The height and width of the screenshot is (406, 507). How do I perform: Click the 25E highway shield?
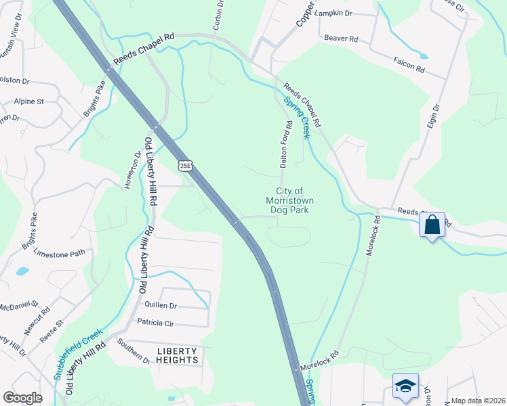[x=185, y=165]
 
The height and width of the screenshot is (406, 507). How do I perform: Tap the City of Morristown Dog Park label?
[x=290, y=201]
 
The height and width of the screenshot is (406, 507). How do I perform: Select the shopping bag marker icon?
[x=433, y=225]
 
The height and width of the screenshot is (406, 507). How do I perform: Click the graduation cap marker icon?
[x=405, y=386]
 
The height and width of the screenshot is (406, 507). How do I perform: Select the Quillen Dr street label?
[x=160, y=306]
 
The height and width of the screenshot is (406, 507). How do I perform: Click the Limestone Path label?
[x=64, y=253]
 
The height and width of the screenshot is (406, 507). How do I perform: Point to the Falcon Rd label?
[x=409, y=64]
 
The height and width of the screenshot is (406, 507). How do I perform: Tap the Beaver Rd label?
[x=341, y=39]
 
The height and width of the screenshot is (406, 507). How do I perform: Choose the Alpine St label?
[x=28, y=101]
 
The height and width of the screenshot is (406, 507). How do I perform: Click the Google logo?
[x=22, y=398]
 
